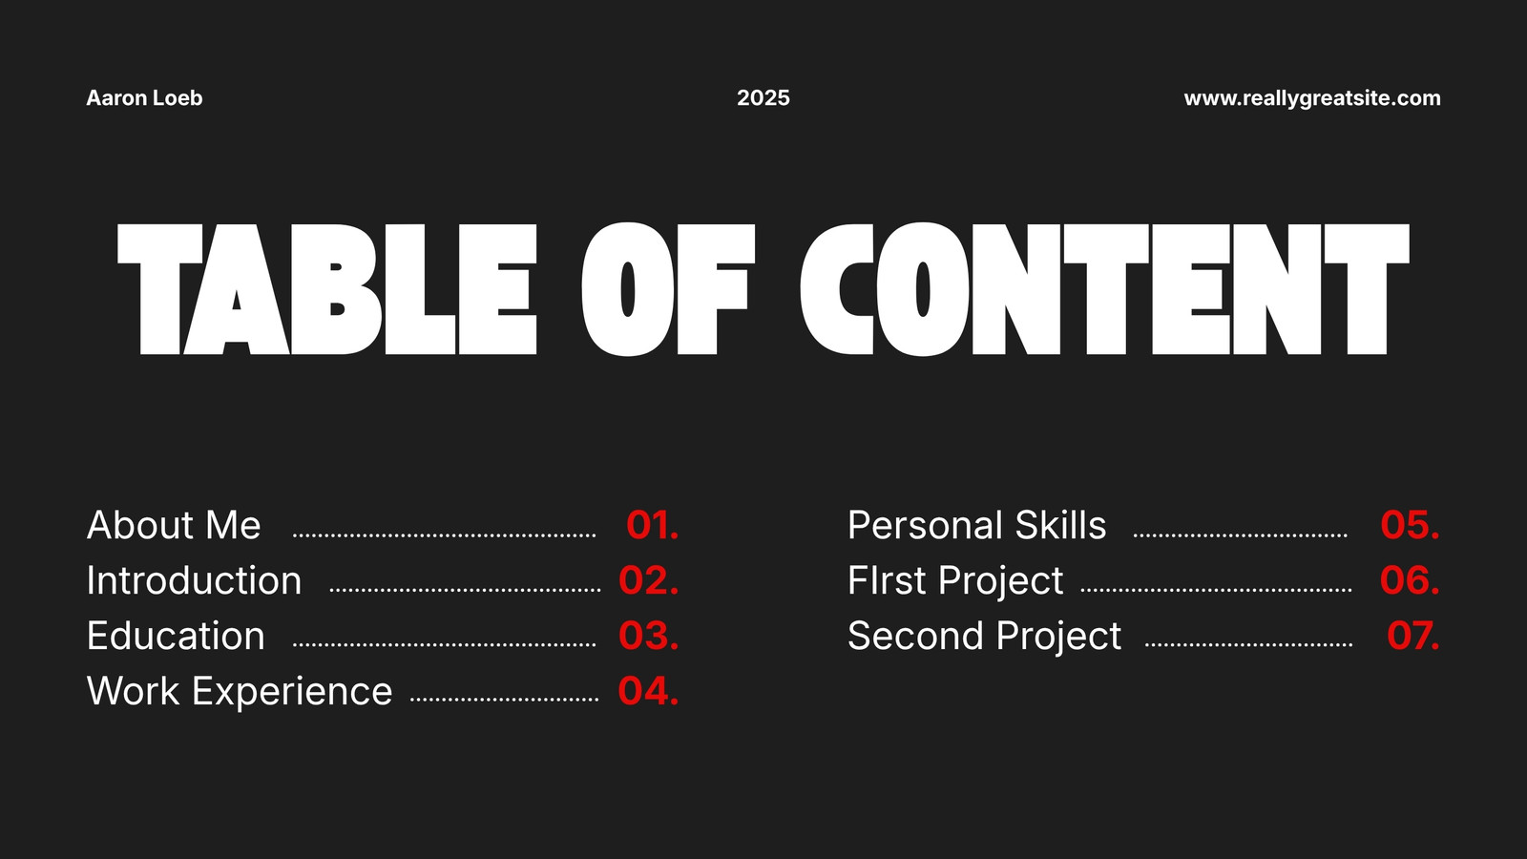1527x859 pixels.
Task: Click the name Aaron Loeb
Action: [144, 98]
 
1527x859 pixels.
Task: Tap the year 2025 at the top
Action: [763, 98]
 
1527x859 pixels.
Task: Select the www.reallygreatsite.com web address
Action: [1312, 99]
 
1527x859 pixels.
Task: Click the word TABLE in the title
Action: [327, 289]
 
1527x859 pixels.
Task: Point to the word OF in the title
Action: [668, 289]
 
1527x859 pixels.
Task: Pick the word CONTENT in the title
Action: [1104, 289]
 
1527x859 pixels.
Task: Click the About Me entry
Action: [174, 525]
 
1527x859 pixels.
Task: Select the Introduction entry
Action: [195, 580]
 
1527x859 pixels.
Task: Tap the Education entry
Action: [176, 636]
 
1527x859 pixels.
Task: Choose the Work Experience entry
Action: [240, 691]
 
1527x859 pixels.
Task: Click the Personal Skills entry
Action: [977, 525]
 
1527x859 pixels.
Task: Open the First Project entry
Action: [955, 581]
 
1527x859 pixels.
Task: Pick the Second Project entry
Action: [984, 637]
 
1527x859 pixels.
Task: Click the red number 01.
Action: [653, 525]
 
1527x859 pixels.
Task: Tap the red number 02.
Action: [648, 580]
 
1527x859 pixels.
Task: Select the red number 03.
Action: [648, 636]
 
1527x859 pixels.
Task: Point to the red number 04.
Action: [648, 691]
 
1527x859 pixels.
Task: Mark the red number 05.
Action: [1410, 525]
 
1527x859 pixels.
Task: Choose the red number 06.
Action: [1410, 580]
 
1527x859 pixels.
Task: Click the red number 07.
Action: [1413, 636]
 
